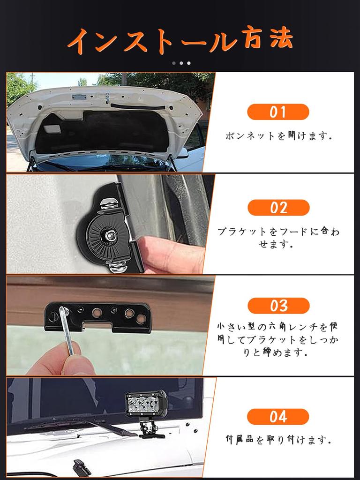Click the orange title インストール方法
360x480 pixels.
(180, 40)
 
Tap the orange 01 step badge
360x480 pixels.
(278, 112)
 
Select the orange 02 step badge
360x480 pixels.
(278, 208)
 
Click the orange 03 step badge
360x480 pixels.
(278, 306)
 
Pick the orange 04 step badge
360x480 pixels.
(278, 417)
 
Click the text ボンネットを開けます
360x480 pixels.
(278, 135)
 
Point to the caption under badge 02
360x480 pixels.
(278, 237)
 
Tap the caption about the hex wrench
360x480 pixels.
(277, 339)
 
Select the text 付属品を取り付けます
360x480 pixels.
(278, 440)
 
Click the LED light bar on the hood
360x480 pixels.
(147, 403)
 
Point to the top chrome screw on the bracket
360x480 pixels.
(110, 203)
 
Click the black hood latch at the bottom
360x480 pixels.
(80, 467)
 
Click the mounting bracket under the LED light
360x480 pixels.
(149, 428)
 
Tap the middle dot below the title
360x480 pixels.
(181, 63)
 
